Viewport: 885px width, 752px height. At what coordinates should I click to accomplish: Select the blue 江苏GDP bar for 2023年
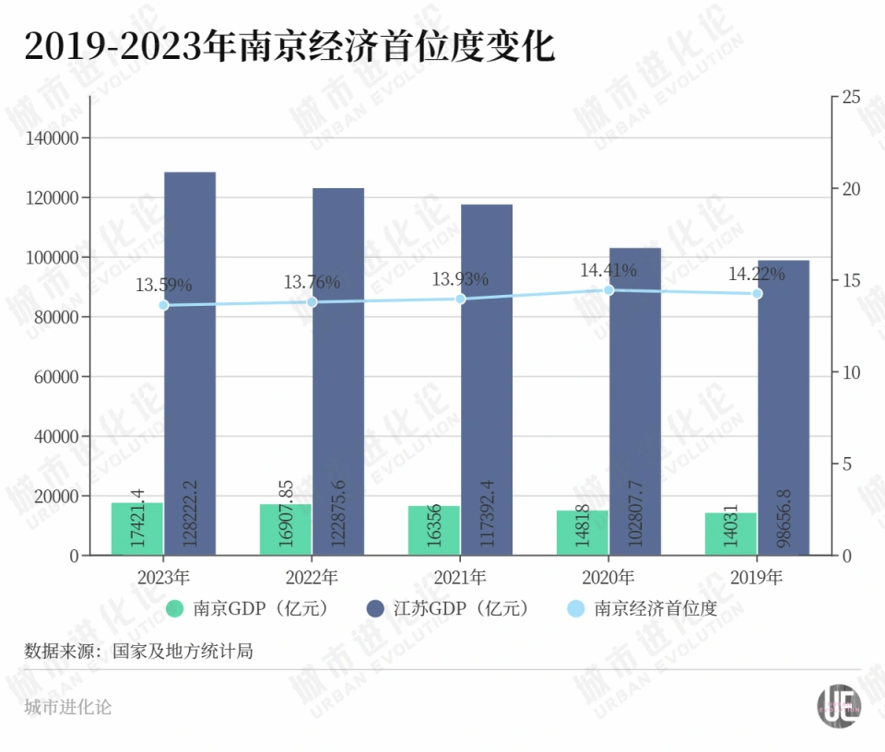(x=190, y=363)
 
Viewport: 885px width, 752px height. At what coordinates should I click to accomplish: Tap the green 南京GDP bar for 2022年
(x=286, y=529)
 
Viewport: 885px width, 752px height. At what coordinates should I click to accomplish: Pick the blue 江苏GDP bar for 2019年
(x=784, y=407)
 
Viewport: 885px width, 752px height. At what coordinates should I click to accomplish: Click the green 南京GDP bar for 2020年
(x=583, y=532)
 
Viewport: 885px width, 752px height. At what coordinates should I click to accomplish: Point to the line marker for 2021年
(x=461, y=299)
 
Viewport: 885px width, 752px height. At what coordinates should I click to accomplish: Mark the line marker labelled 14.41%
(x=608, y=289)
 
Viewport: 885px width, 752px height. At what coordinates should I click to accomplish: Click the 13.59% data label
(x=163, y=285)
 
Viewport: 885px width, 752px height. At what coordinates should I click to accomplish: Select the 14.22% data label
(x=756, y=274)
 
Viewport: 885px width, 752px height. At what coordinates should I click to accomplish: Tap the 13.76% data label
(x=312, y=282)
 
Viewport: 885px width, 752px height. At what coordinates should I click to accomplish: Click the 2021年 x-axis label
(x=460, y=578)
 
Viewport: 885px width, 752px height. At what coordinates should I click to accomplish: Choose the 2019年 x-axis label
(x=757, y=578)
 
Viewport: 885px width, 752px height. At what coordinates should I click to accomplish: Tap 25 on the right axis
(x=851, y=97)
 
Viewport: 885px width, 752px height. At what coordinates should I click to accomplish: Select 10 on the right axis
(x=851, y=372)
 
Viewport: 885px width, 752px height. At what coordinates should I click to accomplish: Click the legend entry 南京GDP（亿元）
(x=246, y=608)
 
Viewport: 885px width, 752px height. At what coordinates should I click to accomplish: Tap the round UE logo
(x=838, y=706)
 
